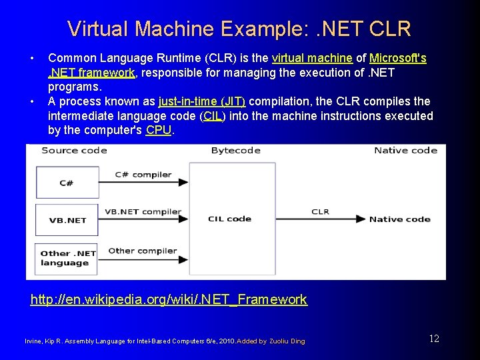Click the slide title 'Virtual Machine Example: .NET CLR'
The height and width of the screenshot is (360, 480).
click(x=239, y=29)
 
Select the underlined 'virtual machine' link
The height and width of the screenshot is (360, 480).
click(x=312, y=59)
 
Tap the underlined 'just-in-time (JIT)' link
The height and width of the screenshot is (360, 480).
click(x=202, y=101)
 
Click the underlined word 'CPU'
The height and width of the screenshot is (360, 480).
click(x=159, y=131)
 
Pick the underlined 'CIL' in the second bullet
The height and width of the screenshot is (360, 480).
click(x=213, y=116)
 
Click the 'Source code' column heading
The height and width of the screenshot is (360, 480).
click(x=74, y=150)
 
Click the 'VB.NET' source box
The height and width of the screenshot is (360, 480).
click(x=68, y=219)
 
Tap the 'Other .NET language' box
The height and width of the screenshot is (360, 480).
click(x=68, y=258)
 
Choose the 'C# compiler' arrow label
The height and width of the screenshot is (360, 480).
click(x=143, y=175)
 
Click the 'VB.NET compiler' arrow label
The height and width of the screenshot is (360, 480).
click(x=143, y=212)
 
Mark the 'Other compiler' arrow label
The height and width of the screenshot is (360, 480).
click(x=142, y=251)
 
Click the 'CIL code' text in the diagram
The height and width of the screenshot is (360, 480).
click(x=229, y=219)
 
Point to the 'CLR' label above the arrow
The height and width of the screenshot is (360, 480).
click(x=320, y=211)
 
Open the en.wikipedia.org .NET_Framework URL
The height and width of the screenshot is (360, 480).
click(x=169, y=300)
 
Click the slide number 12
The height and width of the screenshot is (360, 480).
click(x=434, y=339)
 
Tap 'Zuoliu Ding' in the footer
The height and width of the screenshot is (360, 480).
click(x=287, y=341)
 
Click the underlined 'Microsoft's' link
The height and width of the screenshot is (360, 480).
click(x=398, y=59)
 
